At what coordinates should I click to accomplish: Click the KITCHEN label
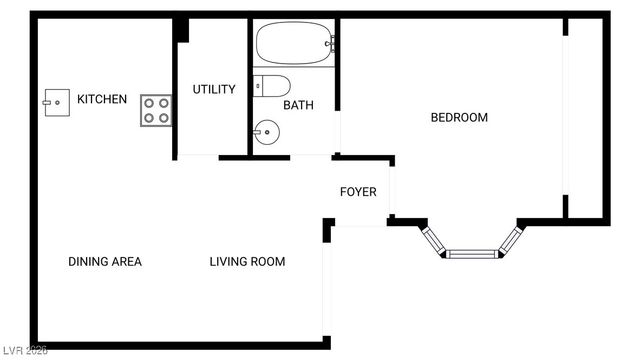(102, 99)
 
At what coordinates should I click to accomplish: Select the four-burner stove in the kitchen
(155, 109)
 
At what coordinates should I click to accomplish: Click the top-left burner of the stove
(149, 102)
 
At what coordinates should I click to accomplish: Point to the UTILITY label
(214, 89)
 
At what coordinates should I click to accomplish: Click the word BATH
(298, 105)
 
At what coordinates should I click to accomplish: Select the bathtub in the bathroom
(295, 43)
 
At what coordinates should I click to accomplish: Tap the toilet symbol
(272, 85)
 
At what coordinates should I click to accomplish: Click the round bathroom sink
(265, 131)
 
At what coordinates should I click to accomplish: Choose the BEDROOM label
(459, 117)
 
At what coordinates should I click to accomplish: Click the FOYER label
(358, 192)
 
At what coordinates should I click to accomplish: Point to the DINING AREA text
(105, 262)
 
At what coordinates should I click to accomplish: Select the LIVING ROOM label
(247, 262)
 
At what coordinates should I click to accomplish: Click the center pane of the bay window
(474, 253)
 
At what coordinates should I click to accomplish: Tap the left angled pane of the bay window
(434, 240)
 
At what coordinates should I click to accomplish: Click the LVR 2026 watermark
(25, 352)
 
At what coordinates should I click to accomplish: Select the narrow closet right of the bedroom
(585, 117)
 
